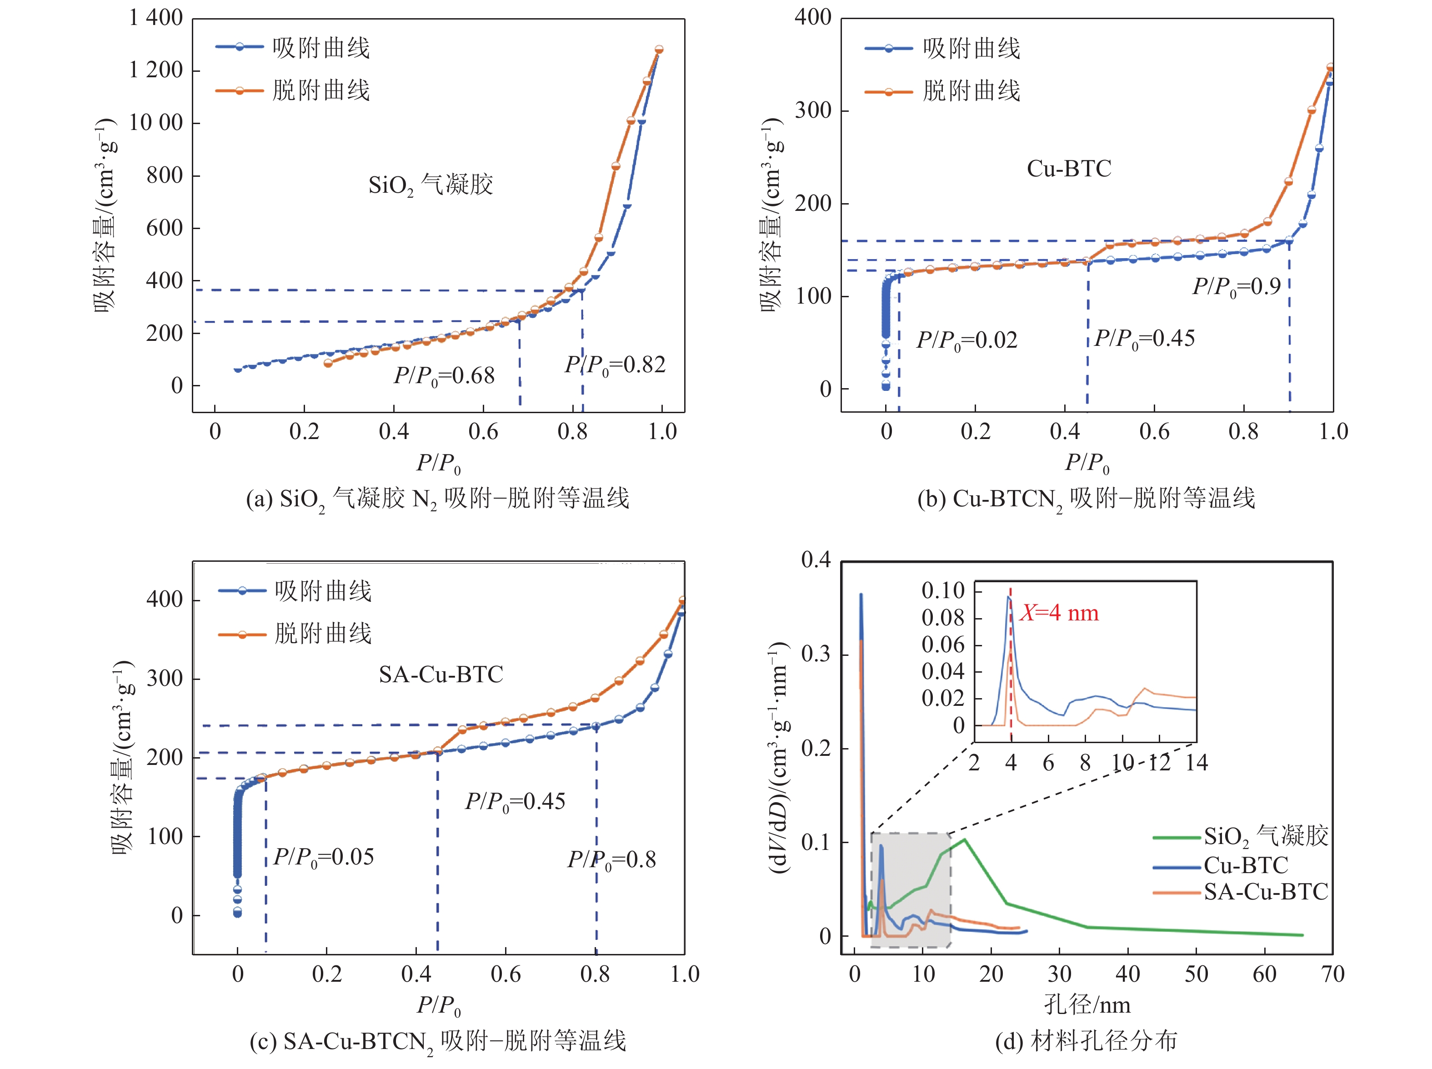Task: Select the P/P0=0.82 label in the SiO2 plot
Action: pyautogui.click(x=615, y=365)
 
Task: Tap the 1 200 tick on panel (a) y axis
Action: pyautogui.click(x=156, y=70)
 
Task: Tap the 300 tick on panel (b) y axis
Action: pyautogui.click(x=813, y=110)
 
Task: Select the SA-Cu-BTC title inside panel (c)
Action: pyautogui.click(x=441, y=675)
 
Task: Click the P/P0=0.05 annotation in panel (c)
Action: pyautogui.click(x=324, y=857)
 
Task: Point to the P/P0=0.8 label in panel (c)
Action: pyautogui.click(x=611, y=860)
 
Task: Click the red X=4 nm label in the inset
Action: pyautogui.click(x=1059, y=613)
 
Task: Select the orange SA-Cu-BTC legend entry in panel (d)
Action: pyautogui.click(x=1265, y=892)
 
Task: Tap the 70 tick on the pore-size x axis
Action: pyautogui.click(x=1332, y=974)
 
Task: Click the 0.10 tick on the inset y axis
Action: pyautogui.click(x=943, y=590)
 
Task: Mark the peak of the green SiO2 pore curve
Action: pyautogui.click(x=965, y=840)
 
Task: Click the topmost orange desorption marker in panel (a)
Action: pyautogui.click(x=659, y=49)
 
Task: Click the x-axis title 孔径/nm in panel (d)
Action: pyautogui.click(x=1087, y=1005)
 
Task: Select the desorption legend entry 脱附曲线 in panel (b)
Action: pyautogui.click(x=971, y=90)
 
